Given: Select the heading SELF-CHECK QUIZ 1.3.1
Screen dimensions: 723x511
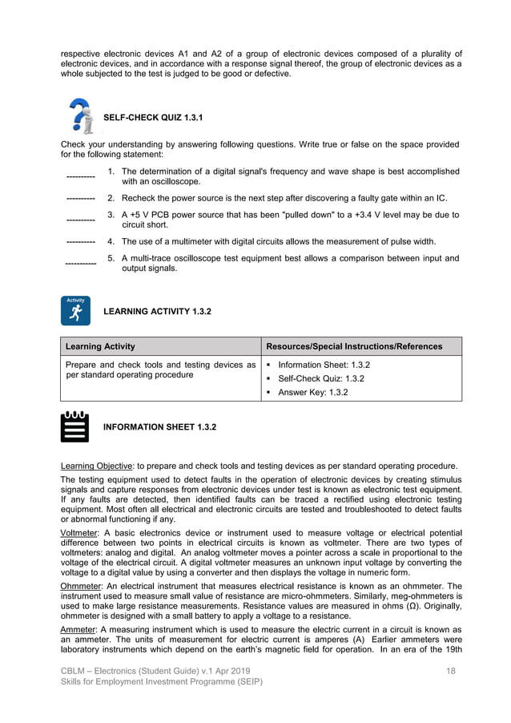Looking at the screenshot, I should (x=153, y=119).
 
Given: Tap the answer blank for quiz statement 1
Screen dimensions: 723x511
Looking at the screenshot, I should (x=80, y=177).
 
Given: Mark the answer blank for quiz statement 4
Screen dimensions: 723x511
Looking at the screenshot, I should (x=80, y=241).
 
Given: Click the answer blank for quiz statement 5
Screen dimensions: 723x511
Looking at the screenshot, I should (x=80, y=263).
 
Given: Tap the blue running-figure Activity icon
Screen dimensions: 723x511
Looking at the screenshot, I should (x=75, y=310).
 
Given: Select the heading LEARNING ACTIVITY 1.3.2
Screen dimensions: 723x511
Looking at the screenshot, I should (x=158, y=311).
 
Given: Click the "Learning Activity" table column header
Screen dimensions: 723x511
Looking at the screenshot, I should (x=100, y=346).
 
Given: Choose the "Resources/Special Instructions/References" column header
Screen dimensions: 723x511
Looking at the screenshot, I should (x=353, y=346).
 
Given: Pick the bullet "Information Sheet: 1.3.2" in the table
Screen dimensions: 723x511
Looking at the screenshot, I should (x=324, y=365).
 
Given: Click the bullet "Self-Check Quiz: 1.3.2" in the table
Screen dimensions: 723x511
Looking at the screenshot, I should (x=321, y=378).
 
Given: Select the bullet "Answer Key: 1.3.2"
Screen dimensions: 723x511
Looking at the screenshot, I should (x=312, y=392).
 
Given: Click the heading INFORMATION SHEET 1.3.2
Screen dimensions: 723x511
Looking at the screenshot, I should (x=159, y=426).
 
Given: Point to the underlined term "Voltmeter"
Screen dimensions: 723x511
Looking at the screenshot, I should (x=82, y=533).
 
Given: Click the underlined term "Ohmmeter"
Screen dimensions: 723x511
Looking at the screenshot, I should (x=82, y=586).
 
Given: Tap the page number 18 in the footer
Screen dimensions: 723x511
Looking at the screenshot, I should (x=451, y=669).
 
